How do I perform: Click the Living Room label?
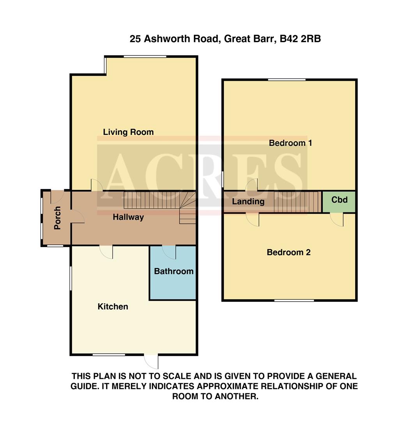coord(128,132)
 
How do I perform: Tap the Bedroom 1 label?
coord(290,143)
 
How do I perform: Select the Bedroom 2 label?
coord(288,252)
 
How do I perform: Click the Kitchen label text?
coord(113,307)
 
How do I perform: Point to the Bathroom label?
coord(174,271)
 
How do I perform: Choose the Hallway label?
coord(128,217)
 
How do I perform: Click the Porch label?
coord(57,218)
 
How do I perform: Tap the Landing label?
coord(248,202)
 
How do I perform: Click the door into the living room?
coord(96,185)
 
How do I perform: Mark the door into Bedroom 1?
coord(251,185)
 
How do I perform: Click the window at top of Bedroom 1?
coord(287,80)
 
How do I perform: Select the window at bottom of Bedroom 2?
coord(294,300)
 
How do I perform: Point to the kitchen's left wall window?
coord(71,278)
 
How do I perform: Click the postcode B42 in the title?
coord(289,39)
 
